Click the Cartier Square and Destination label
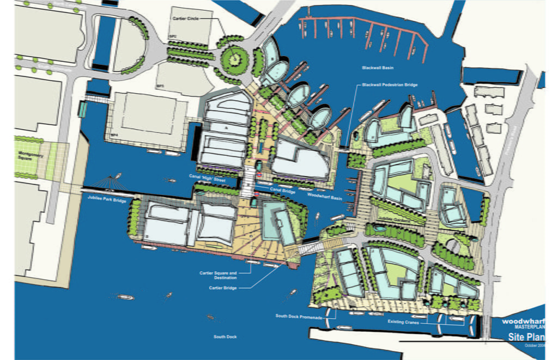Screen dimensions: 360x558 [x=218, y=274]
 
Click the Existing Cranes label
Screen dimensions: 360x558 [x=403, y=322]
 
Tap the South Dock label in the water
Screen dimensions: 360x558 [x=225, y=337]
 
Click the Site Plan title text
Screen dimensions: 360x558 [x=524, y=336]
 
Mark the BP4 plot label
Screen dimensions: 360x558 [x=114, y=134]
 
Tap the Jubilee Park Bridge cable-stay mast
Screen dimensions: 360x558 [x=113, y=180]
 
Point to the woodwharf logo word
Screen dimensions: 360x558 [x=524, y=321]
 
